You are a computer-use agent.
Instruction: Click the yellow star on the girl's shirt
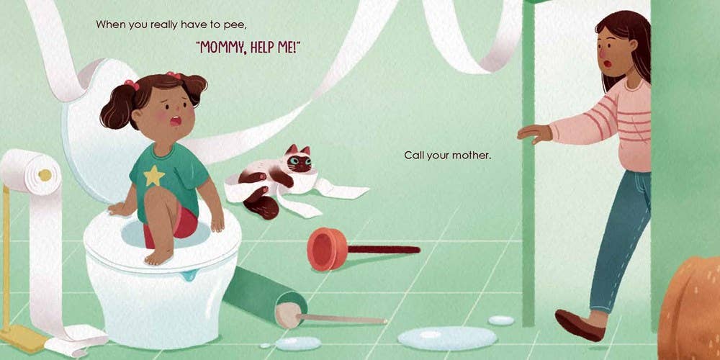(x=154, y=176)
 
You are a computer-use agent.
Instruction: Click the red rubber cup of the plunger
(x=328, y=249)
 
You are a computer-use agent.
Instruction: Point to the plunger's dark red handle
(x=384, y=249)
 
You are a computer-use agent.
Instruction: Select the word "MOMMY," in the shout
(x=221, y=48)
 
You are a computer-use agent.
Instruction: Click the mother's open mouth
(x=607, y=63)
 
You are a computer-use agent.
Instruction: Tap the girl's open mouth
(x=176, y=121)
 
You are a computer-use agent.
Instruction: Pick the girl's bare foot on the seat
(x=159, y=256)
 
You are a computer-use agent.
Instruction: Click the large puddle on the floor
(x=447, y=338)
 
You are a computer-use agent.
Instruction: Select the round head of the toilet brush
(x=288, y=315)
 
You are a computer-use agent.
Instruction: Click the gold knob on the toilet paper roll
(x=45, y=175)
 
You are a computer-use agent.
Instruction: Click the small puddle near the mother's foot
(x=501, y=320)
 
